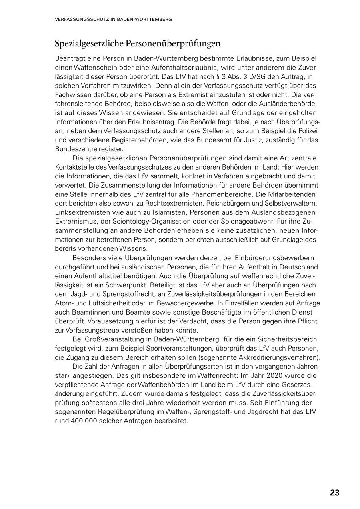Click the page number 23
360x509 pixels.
pos(334,493)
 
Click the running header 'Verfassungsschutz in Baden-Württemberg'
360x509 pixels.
pos(114,19)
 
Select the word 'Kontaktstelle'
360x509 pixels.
pos(74,167)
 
